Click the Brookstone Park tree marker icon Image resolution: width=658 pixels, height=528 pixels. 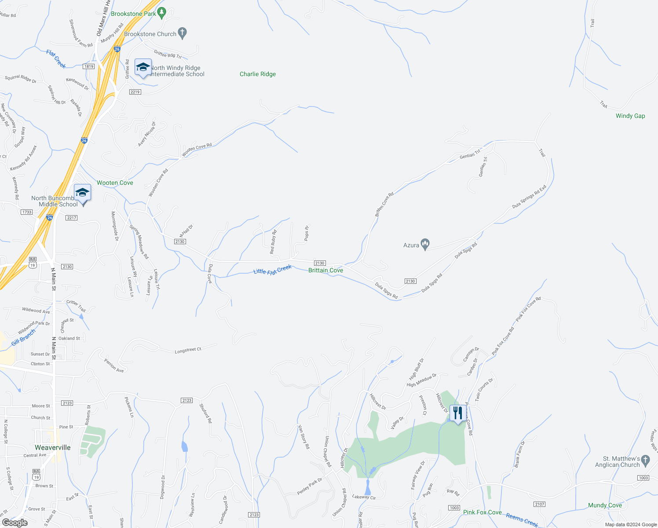click(x=161, y=13)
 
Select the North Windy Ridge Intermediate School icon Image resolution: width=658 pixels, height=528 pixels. click(x=143, y=67)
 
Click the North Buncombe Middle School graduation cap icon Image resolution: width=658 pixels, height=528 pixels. click(x=82, y=193)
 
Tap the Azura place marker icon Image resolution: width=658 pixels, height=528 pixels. click(x=425, y=244)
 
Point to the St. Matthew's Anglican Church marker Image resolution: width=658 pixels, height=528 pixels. click(x=645, y=460)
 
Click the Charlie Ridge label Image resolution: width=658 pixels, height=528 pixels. click(x=258, y=74)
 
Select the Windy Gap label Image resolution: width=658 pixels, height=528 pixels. click(x=630, y=116)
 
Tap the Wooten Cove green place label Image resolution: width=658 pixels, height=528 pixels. click(x=115, y=183)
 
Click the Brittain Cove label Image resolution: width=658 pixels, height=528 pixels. click(x=325, y=270)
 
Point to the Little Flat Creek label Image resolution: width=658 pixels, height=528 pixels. click(x=273, y=269)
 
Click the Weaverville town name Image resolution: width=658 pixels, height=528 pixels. click(x=53, y=447)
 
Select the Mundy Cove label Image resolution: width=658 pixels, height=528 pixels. click(x=605, y=505)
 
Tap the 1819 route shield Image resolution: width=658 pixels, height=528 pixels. click(x=88, y=66)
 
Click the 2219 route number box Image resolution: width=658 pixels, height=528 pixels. click(x=135, y=92)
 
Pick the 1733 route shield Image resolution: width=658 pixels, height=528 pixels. click(x=27, y=212)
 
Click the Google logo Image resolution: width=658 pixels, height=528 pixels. click(x=15, y=523)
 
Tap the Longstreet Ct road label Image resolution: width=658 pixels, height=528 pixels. click(x=188, y=350)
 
